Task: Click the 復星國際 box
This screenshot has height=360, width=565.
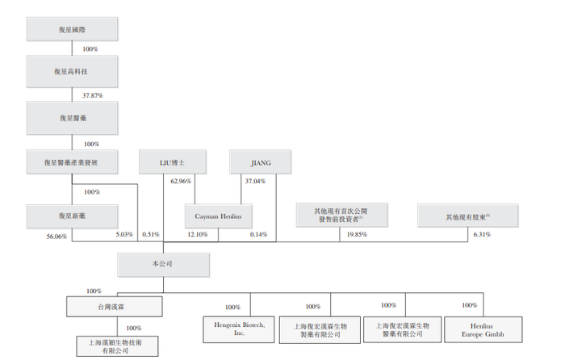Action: tap(72, 28)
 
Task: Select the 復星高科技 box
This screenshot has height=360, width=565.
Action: tap(72, 72)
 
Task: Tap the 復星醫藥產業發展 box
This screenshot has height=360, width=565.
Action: tap(72, 161)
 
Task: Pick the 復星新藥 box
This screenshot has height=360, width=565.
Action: tap(72, 216)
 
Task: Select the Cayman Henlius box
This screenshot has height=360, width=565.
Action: tap(219, 216)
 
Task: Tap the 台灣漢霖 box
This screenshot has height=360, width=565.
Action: tap(113, 307)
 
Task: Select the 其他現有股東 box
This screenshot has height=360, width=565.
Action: tap(468, 216)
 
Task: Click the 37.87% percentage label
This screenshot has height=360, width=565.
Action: tap(94, 94)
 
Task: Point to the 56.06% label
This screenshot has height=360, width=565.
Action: tap(57, 235)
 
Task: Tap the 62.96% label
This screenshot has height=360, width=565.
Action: tap(181, 182)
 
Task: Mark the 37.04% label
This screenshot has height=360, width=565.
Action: tap(255, 182)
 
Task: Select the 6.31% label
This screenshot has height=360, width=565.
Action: tap(480, 235)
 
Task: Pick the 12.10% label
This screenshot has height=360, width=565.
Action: tap(198, 235)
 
